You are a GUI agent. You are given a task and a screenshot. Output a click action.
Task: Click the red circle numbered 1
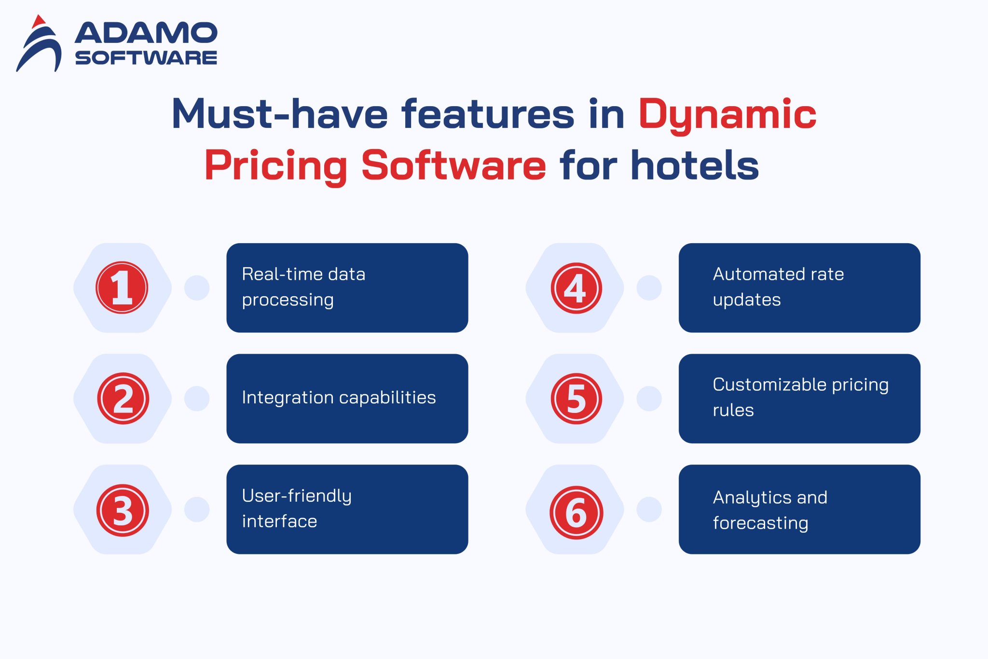122,288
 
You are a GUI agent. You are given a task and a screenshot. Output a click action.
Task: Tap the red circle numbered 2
123,398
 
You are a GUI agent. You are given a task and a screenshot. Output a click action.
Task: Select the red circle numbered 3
123,510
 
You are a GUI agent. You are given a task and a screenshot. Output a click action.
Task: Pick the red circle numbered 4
576,288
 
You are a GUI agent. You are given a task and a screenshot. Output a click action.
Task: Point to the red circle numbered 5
576,398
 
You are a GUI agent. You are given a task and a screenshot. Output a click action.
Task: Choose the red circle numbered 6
576,512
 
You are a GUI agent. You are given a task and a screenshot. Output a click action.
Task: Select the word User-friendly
297,496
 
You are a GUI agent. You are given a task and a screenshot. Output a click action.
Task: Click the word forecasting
760,523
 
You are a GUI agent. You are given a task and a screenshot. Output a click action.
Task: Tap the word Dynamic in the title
727,115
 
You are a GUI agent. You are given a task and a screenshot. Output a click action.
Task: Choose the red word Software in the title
453,165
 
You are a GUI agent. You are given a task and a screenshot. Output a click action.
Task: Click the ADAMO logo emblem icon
39,44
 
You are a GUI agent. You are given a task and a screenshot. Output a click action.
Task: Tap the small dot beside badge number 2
197,398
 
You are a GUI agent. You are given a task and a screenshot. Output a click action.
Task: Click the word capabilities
384,398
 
